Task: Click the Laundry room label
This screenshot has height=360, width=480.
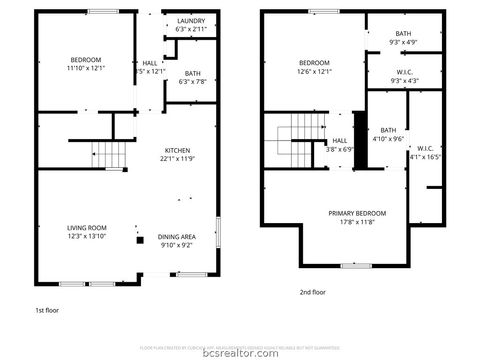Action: click(191, 21)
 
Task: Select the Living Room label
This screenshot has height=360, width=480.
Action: click(86, 228)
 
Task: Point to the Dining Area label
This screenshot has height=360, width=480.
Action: click(178, 236)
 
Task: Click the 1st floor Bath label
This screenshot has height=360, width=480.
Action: click(192, 72)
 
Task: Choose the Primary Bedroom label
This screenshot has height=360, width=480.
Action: click(357, 213)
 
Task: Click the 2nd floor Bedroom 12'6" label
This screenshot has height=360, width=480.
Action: click(314, 62)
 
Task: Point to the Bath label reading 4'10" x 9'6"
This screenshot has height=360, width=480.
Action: click(388, 130)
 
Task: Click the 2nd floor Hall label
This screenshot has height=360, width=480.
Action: click(339, 140)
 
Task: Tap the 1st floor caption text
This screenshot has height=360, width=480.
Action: click(46, 311)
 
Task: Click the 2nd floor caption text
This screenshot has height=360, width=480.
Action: click(313, 292)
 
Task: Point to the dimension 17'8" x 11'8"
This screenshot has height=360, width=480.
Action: click(357, 222)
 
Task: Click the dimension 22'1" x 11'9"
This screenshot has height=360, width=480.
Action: click(178, 158)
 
